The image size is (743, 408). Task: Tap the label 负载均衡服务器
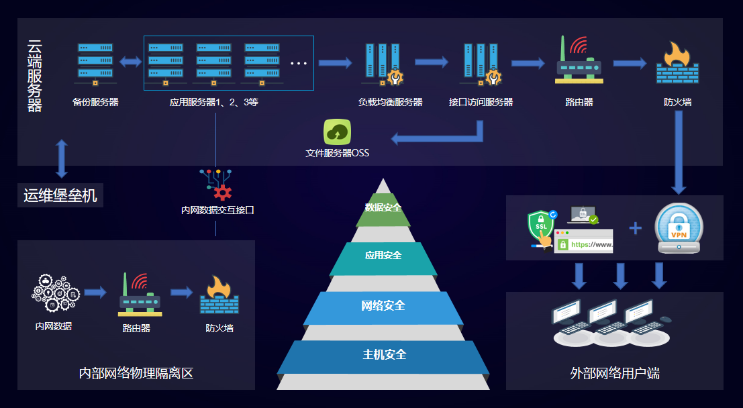391,102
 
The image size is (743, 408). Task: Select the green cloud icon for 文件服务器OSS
338,132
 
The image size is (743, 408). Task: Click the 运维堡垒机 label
60,196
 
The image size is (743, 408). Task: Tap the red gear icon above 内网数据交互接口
221,193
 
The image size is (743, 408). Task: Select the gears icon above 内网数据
55,293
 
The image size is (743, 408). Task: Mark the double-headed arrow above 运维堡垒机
62,158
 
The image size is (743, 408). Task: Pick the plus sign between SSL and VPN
635,228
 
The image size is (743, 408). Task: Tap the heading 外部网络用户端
614,373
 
